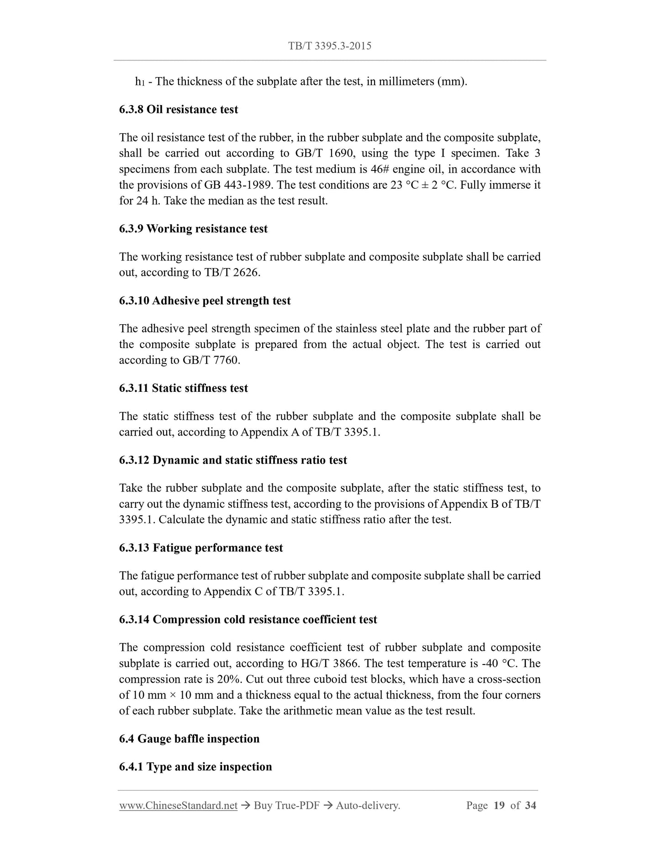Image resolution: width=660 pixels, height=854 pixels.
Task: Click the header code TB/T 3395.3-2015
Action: pyautogui.click(x=329, y=46)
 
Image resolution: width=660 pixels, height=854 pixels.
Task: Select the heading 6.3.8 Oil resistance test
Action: pyautogui.click(x=179, y=110)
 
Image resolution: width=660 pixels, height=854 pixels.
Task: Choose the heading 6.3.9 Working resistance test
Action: pyautogui.click(x=193, y=229)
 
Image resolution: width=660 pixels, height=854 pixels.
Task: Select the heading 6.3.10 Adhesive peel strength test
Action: pyautogui.click(x=205, y=301)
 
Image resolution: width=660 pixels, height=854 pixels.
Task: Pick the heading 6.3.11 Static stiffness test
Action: pyautogui.click(x=184, y=388)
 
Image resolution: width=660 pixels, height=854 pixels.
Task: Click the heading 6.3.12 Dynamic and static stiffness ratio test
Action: pyautogui.click(x=233, y=460)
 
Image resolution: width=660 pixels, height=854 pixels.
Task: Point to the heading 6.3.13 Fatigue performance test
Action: pyautogui.click(x=201, y=548)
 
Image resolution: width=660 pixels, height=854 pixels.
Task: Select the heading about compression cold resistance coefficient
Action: pyautogui.click(x=248, y=620)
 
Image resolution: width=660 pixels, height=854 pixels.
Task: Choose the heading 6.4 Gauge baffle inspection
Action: pyautogui.click(x=189, y=739)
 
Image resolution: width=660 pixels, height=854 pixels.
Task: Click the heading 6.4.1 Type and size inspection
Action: pyautogui.click(x=195, y=767)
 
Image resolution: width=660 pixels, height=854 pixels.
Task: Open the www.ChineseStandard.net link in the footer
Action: pyautogui.click(x=178, y=806)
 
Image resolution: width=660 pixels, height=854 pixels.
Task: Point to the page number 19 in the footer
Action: pyautogui.click(x=499, y=806)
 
